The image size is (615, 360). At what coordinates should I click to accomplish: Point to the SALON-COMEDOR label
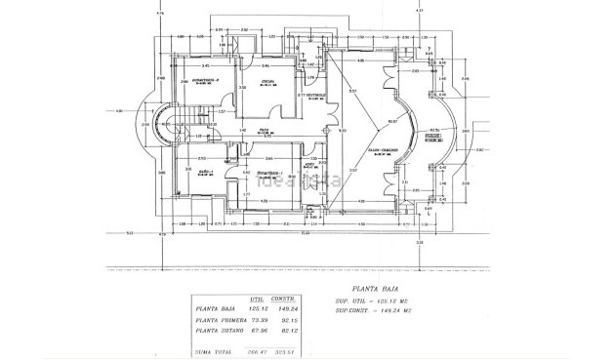point(368,148)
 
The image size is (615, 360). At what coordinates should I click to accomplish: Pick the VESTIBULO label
point(316,94)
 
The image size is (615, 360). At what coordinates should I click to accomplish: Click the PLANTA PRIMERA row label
point(219,320)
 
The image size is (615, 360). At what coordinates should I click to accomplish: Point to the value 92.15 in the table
point(287,320)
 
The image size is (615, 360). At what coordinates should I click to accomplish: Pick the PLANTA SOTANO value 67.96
point(257,332)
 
